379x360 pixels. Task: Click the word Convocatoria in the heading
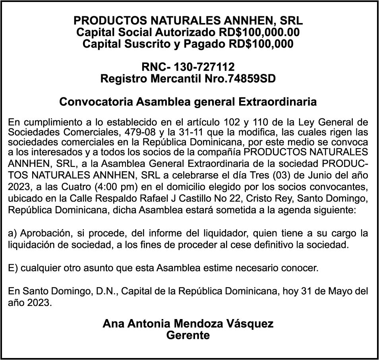pos(97,102)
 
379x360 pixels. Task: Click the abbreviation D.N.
pos(106,291)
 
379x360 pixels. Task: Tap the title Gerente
pos(188,335)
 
